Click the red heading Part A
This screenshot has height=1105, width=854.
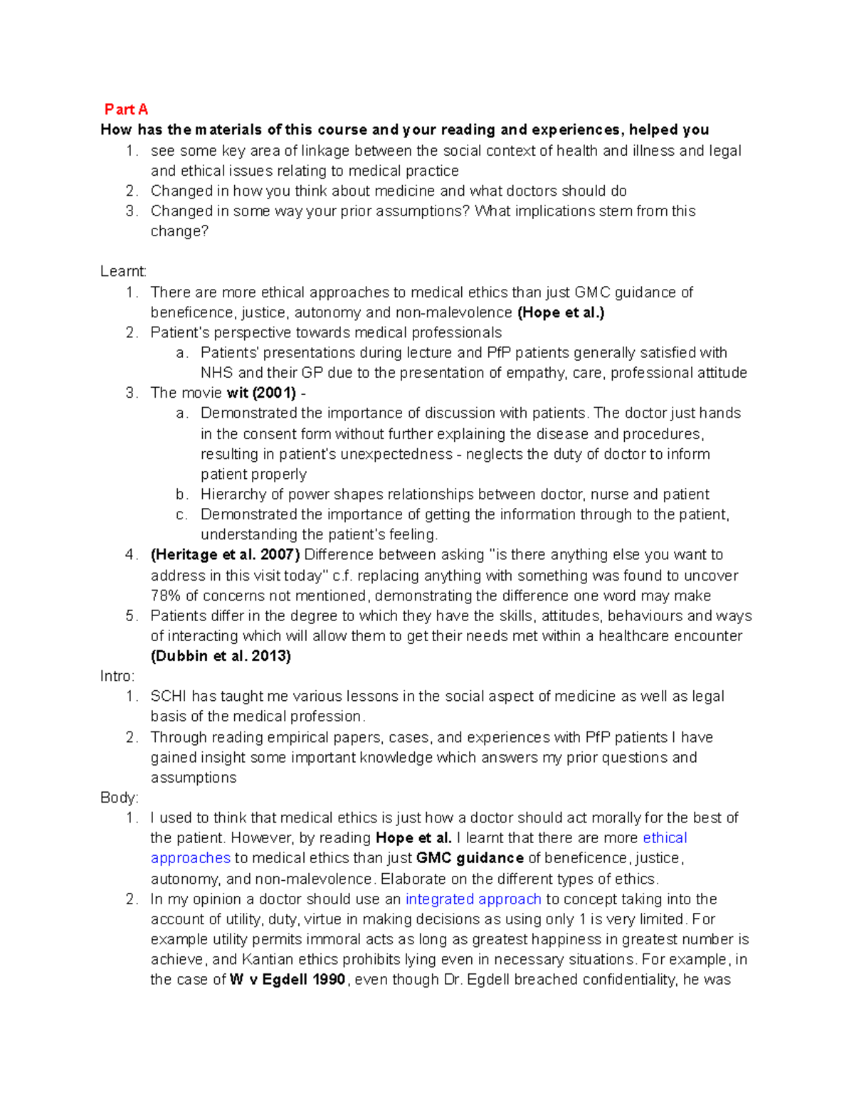(126, 109)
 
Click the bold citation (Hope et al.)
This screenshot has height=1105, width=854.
(561, 312)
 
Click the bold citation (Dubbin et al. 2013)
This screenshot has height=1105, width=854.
(221, 656)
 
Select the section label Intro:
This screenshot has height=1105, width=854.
(117, 676)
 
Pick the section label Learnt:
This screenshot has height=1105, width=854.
(123, 271)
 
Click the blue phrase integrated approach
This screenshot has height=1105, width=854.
(473, 899)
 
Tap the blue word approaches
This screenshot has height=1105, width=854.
(190, 858)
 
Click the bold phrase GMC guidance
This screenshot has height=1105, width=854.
(470, 858)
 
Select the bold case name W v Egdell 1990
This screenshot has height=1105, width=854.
(288, 980)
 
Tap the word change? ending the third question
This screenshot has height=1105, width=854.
(179, 231)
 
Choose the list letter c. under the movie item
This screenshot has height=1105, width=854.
(181, 514)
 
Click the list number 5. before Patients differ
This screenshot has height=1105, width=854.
(131, 616)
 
